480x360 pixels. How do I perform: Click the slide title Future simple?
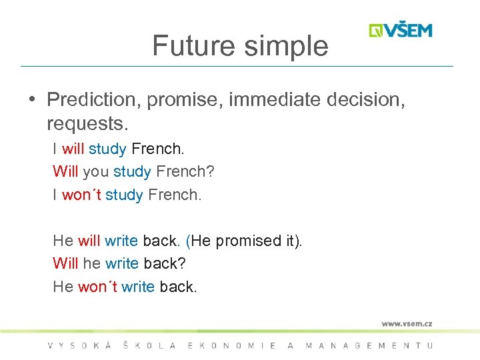240,46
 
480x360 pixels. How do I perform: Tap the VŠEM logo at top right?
401,31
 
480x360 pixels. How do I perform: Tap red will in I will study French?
73,148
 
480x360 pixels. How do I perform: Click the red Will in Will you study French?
65,171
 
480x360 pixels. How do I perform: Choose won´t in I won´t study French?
81,195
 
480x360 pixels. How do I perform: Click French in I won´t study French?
173,195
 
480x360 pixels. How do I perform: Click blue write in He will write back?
121,241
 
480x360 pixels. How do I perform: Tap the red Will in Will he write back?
65,263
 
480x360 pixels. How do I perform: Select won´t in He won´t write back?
97,287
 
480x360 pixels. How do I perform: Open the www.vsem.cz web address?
407,323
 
